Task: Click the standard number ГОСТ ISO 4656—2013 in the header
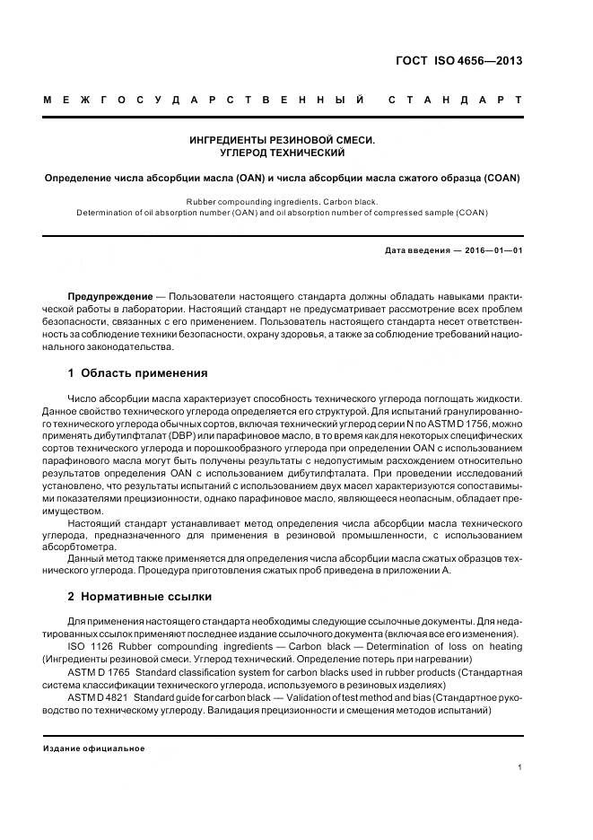tap(458, 61)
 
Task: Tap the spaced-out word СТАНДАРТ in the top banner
tap(455, 100)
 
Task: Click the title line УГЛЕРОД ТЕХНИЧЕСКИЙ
tap(283, 153)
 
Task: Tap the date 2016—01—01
tap(493, 250)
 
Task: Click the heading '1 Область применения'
tap(137, 373)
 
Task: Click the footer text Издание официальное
tap(94, 748)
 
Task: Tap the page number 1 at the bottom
tap(519, 767)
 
